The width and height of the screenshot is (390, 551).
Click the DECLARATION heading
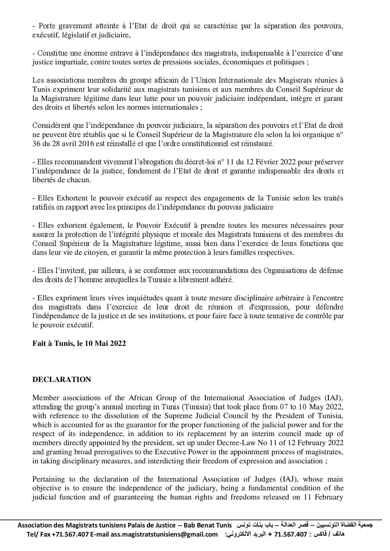pos(62,379)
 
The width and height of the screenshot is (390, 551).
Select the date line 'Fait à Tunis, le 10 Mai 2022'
pos(79,343)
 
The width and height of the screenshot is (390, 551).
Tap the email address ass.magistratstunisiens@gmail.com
pos(164,534)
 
